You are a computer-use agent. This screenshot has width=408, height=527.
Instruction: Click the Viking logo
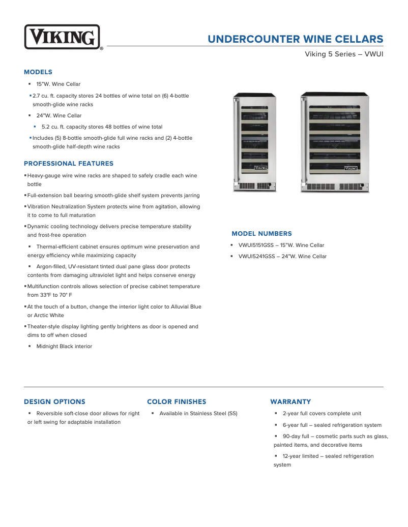coord(62,37)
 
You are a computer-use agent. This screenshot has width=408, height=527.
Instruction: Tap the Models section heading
coord(38,72)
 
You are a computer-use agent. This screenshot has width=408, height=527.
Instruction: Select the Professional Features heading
coord(69,164)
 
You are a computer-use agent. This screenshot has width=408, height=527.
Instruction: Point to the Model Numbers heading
coord(261,234)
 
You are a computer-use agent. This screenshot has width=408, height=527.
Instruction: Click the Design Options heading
coord(54,401)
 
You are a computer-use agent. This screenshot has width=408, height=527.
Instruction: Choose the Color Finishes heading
coord(177,401)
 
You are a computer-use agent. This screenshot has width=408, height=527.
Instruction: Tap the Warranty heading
coord(290,401)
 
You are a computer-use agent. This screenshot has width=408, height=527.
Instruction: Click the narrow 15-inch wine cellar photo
coord(254,142)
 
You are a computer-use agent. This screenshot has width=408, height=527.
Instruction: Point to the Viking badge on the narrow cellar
coord(260,167)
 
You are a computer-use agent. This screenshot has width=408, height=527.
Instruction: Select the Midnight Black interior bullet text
coord(64,347)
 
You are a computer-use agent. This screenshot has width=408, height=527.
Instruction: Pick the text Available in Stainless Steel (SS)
coord(198,414)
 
